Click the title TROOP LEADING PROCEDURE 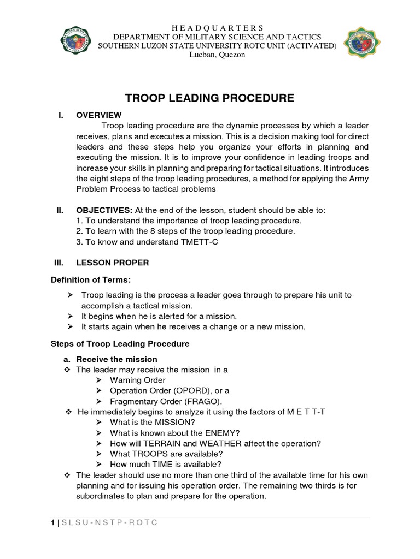tap(210, 98)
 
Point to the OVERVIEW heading tap(99, 115)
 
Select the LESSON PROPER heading tap(112, 263)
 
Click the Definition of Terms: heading tap(91, 280)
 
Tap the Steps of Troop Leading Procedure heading tap(120, 344)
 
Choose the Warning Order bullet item tap(137, 380)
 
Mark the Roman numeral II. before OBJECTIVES tap(61, 210)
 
